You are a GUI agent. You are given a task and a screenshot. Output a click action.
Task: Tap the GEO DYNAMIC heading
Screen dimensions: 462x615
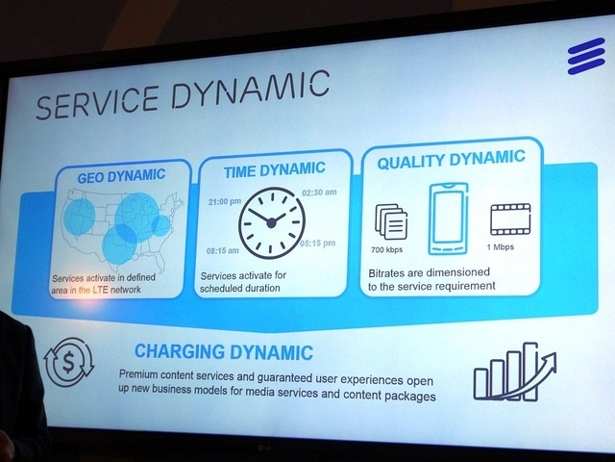108,175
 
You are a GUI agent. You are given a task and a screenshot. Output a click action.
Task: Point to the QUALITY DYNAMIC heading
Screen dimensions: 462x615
451,161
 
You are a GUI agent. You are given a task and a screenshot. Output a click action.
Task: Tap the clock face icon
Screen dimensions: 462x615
271,222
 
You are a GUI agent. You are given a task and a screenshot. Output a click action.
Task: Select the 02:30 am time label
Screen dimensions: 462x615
319,193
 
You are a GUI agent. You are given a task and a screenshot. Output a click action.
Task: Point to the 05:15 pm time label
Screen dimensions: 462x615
319,242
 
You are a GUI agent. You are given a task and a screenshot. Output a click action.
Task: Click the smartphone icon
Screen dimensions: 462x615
447,219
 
